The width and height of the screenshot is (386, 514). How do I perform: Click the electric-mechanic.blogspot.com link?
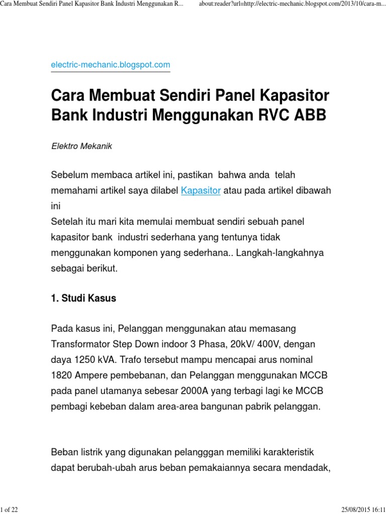point(111,65)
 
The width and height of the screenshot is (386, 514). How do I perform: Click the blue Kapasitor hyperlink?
point(201,191)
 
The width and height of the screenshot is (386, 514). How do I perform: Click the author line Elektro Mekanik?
point(82,147)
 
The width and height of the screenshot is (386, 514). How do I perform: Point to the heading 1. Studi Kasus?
point(83,298)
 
